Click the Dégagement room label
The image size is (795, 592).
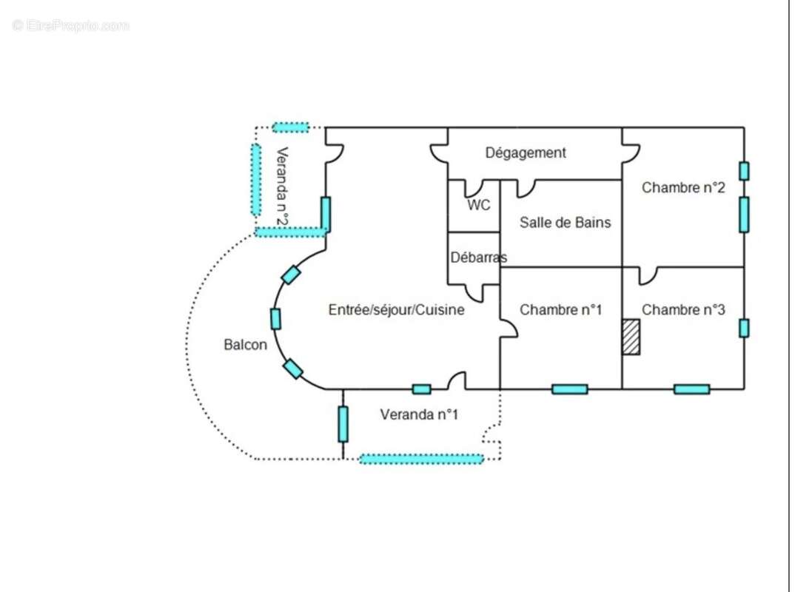coord(526,153)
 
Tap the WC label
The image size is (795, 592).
coord(478,206)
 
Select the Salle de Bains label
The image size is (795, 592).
coord(565,222)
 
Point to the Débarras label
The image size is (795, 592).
coord(478,258)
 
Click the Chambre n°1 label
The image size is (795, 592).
coord(560,310)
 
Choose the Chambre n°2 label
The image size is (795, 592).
coord(682,188)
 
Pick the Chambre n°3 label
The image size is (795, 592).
coord(682,310)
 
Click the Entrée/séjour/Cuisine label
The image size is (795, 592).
coord(396,310)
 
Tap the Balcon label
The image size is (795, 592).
coord(245,345)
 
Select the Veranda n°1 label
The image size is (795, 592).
coord(419,414)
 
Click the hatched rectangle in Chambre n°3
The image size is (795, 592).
coord(631,337)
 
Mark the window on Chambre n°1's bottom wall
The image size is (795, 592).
coord(569,389)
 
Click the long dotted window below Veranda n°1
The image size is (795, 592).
coord(421,460)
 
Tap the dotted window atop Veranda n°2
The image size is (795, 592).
coord(290,128)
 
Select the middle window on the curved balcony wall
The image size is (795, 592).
coord(275,319)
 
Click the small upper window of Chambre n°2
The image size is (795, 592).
coord(744,171)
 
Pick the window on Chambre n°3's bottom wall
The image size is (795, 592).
coord(691,389)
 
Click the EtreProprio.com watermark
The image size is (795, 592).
coord(71,26)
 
